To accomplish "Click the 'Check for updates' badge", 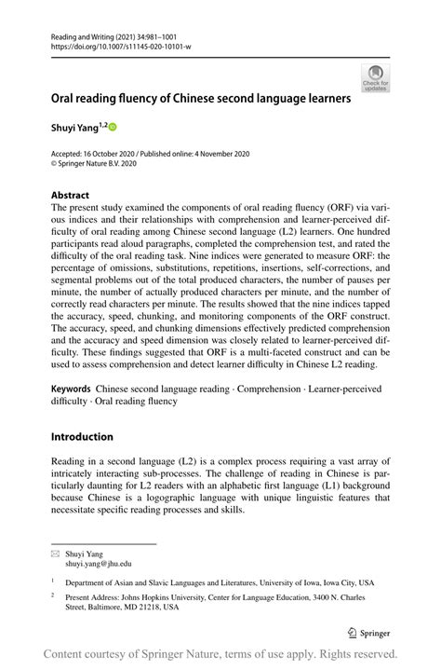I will point(376,78).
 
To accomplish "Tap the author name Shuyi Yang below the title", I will point(75,126).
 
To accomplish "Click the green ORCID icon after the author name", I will point(114,126).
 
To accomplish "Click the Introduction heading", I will point(82,436).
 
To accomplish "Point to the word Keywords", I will point(71,386).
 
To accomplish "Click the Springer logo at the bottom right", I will point(368,631).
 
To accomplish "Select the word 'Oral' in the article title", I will point(66,97).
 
